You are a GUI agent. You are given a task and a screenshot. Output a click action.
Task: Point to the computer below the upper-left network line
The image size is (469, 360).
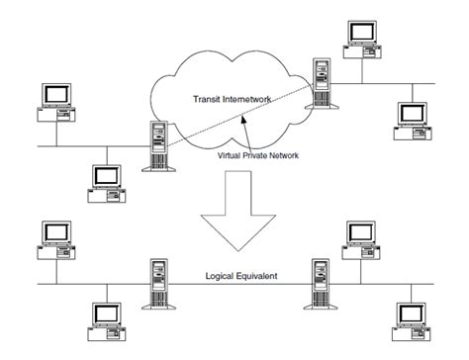coord(105,180)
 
